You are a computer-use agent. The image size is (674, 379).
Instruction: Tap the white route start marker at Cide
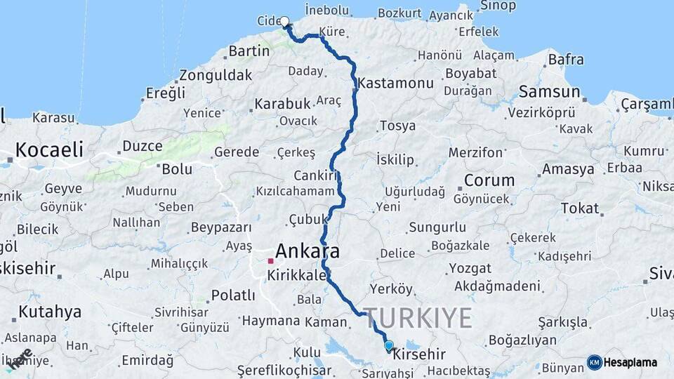(284, 22)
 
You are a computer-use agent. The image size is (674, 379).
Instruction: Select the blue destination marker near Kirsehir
(389, 345)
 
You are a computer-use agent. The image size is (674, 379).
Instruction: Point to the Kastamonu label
(395, 83)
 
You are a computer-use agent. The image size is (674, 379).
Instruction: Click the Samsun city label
(549, 92)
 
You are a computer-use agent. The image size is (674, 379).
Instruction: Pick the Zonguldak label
(216, 75)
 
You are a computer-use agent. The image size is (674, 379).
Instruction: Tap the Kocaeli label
(49, 149)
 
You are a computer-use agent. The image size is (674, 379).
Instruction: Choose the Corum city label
(489, 180)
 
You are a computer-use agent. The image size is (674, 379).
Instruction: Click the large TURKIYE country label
(418, 318)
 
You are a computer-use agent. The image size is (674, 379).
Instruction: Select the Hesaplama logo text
(631, 362)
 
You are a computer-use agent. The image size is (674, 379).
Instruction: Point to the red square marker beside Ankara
(270, 260)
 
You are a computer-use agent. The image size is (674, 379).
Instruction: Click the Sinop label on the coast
(498, 6)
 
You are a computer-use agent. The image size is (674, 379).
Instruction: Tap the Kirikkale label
(297, 276)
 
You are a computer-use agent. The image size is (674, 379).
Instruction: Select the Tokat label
(580, 208)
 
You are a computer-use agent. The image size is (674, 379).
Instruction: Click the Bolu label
(177, 169)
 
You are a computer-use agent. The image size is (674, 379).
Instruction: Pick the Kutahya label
(50, 311)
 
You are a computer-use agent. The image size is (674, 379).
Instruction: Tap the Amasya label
(568, 169)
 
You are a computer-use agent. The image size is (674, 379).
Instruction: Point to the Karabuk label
(282, 104)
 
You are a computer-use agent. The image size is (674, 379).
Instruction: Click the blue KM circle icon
(595, 362)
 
